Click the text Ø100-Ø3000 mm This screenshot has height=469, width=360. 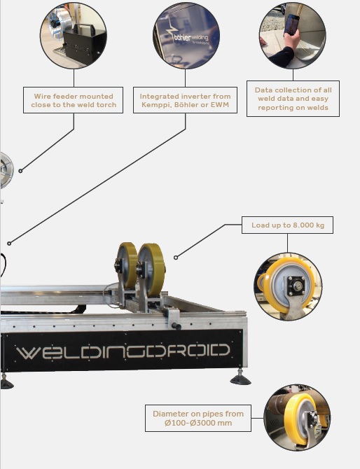[x=198, y=423]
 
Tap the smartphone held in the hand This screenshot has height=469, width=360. [x=291, y=24]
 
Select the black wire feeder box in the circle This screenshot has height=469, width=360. [x=84, y=43]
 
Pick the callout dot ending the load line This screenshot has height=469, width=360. [x=176, y=257]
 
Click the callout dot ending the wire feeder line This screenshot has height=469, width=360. [x=20, y=171]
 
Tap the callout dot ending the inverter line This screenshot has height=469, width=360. [x=9, y=244]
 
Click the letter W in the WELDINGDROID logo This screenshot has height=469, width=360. [x=27, y=353]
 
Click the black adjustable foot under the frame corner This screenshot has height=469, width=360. [x=241, y=378]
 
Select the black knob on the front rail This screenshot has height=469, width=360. [x=176, y=325]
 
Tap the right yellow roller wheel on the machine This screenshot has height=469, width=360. [x=151, y=269]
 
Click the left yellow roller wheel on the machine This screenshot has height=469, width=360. [x=127, y=265]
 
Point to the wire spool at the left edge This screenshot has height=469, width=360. [x=6, y=170]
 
